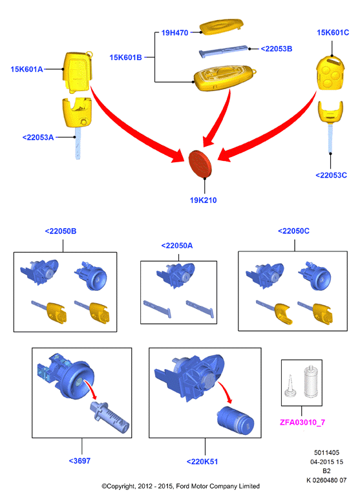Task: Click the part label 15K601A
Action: click(26, 69)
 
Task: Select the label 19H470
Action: click(175, 32)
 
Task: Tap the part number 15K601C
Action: click(333, 32)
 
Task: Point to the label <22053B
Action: click(276, 48)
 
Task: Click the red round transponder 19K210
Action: click(200, 164)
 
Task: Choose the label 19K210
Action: click(203, 200)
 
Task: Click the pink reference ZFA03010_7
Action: click(302, 422)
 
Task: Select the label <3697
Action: click(79, 460)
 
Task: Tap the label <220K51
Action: click(202, 462)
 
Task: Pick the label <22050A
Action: click(177, 246)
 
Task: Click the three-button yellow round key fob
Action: click(330, 73)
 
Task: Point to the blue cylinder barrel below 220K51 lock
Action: click(235, 420)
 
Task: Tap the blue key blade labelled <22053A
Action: click(78, 143)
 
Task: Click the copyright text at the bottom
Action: click(180, 486)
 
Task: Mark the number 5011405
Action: click(326, 452)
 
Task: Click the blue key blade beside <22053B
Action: click(224, 51)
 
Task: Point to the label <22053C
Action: click(331, 175)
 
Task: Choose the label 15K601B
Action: click(126, 58)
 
